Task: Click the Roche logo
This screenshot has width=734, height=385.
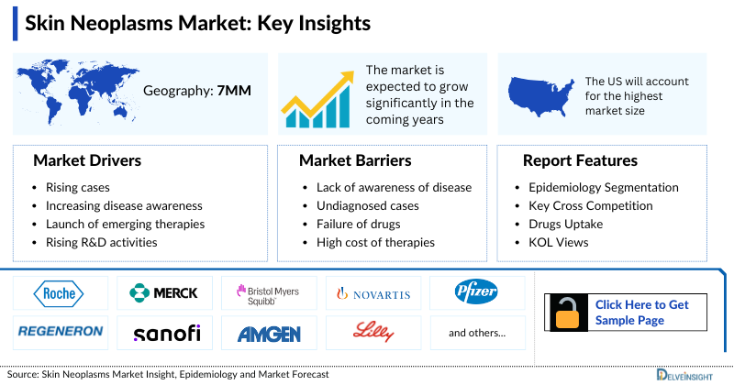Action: [59, 293]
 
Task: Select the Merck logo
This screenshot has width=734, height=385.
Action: [163, 293]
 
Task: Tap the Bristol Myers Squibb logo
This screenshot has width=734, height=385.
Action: [268, 293]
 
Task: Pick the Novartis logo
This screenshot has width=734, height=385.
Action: [373, 294]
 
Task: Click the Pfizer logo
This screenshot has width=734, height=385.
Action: [477, 293]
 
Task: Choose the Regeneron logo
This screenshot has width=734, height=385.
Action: [59, 332]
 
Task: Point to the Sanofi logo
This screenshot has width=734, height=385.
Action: [165, 332]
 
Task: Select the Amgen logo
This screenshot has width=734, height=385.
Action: [269, 333]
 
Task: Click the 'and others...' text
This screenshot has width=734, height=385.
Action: [477, 333]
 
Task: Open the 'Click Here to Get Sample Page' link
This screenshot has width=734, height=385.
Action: [641, 312]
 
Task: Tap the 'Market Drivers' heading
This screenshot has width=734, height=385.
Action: [87, 160]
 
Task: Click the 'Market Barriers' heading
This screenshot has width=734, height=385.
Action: [355, 160]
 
